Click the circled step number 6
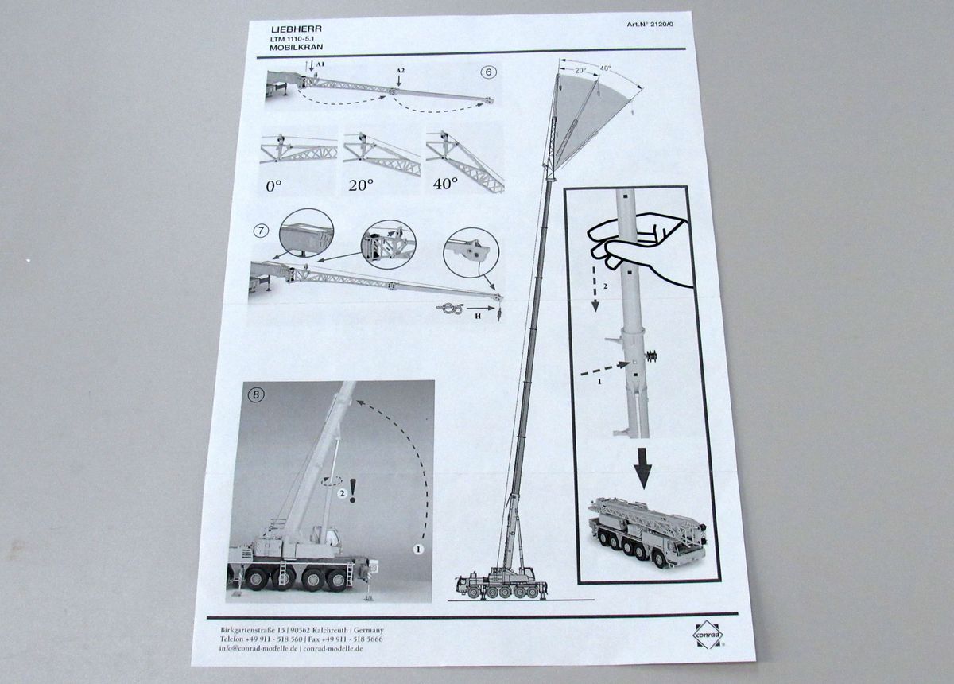489,72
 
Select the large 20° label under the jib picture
362,185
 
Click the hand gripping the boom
636,243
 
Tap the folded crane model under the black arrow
646,532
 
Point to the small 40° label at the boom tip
606,68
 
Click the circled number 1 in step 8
417,548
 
